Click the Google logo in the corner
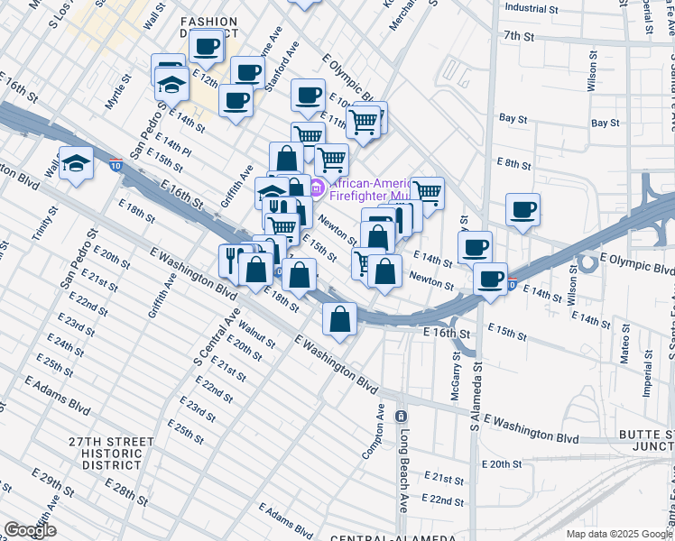pos(30,529)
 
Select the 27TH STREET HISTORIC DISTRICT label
pos(111,453)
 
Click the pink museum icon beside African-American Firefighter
pos(317,188)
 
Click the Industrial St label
pos(529,7)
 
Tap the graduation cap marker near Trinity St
pos(76,164)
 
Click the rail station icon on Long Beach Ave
pos(401,417)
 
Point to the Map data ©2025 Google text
pos(618,534)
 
